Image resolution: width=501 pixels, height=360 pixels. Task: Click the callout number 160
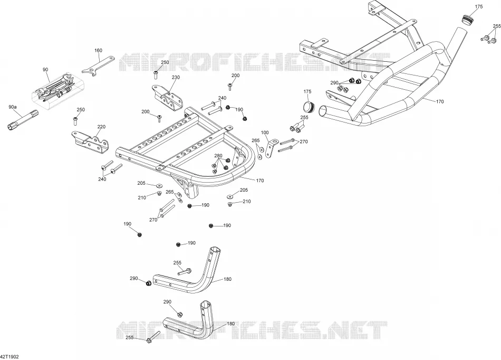(x=99, y=50)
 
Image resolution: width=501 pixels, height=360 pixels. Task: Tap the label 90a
(x=13, y=107)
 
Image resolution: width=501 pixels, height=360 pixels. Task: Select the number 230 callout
(x=176, y=78)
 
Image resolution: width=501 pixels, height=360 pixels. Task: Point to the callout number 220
(x=101, y=127)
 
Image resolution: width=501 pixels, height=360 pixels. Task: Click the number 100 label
(x=265, y=132)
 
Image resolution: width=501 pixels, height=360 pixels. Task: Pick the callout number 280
(x=218, y=156)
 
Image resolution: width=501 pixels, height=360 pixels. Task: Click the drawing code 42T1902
(x=7, y=356)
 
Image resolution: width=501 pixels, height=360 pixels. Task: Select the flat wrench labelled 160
(x=98, y=66)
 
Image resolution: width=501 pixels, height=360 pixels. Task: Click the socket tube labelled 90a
(x=22, y=120)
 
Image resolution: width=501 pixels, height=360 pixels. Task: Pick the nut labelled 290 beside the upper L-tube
(x=148, y=283)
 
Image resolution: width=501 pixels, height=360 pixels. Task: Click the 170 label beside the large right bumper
(x=440, y=102)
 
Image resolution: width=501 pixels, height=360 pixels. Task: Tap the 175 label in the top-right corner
(x=479, y=7)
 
